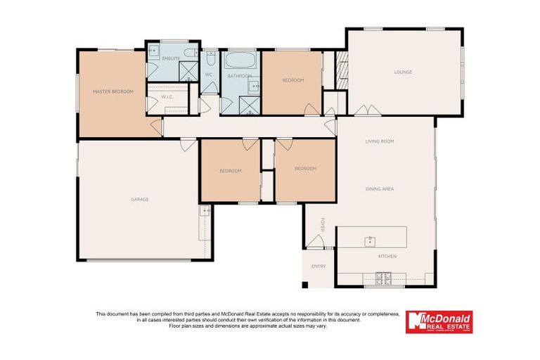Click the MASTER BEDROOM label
(x=113, y=91)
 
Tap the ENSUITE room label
(x=171, y=58)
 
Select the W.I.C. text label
(x=167, y=97)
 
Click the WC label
(x=209, y=74)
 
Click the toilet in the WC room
(x=210, y=56)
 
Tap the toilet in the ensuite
(x=191, y=54)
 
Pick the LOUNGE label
(x=403, y=72)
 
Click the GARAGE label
(x=139, y=199)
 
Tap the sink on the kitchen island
(x=369, y=241)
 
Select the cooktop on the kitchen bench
(x=384, y=279)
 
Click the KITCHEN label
(x=387, y=257)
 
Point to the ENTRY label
(x=319, y=266)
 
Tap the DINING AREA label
(x=379, y=188)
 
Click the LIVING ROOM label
(x=379, y=141)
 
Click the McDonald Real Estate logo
(x=439, y=322)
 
